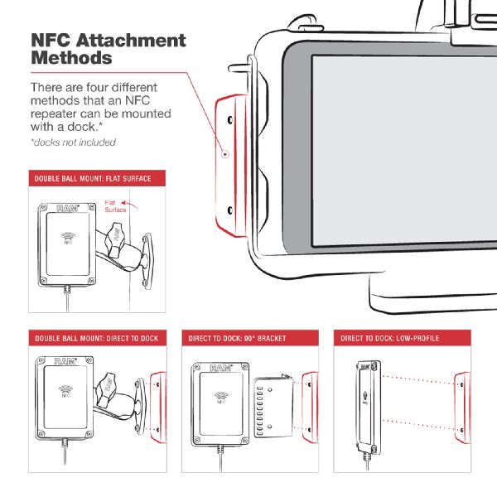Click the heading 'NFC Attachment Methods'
coord(109,49)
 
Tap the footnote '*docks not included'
coord(73,142)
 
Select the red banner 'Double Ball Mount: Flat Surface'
coord(97,178)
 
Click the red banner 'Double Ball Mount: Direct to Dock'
coord(98,338)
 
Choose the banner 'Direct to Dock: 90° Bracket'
coord(250,338)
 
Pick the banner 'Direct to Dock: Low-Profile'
coord(403,338)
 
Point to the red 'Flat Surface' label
coord(115,206)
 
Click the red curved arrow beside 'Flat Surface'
coord(129,205)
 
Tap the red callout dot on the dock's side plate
coord(225,154)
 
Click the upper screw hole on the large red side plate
coord(230,120)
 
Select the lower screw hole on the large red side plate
coord(230,210)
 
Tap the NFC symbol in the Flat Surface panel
coord(68,238)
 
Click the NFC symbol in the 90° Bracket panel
coord(221,397)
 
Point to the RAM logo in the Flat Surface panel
coord(68,208)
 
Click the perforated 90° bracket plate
coord(273,407)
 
